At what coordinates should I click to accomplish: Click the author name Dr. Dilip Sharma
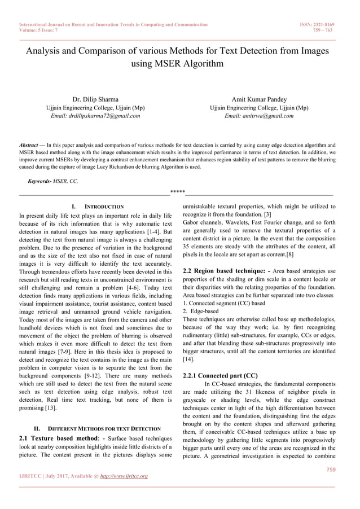tap(95, 99)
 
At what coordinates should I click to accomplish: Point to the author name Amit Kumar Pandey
tap(259, 99)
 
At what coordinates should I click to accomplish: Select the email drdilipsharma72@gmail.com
tap(95, 116)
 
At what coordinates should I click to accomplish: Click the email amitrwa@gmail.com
tap(259, 116)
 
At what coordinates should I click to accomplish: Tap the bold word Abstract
tap(32, 145)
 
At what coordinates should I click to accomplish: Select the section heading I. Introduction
tap(95, 207)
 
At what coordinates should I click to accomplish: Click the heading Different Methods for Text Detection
tap(99, 428)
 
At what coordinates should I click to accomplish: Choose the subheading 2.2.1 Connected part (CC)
tap(221, 375)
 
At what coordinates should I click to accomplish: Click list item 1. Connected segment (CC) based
tap(224, 303)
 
